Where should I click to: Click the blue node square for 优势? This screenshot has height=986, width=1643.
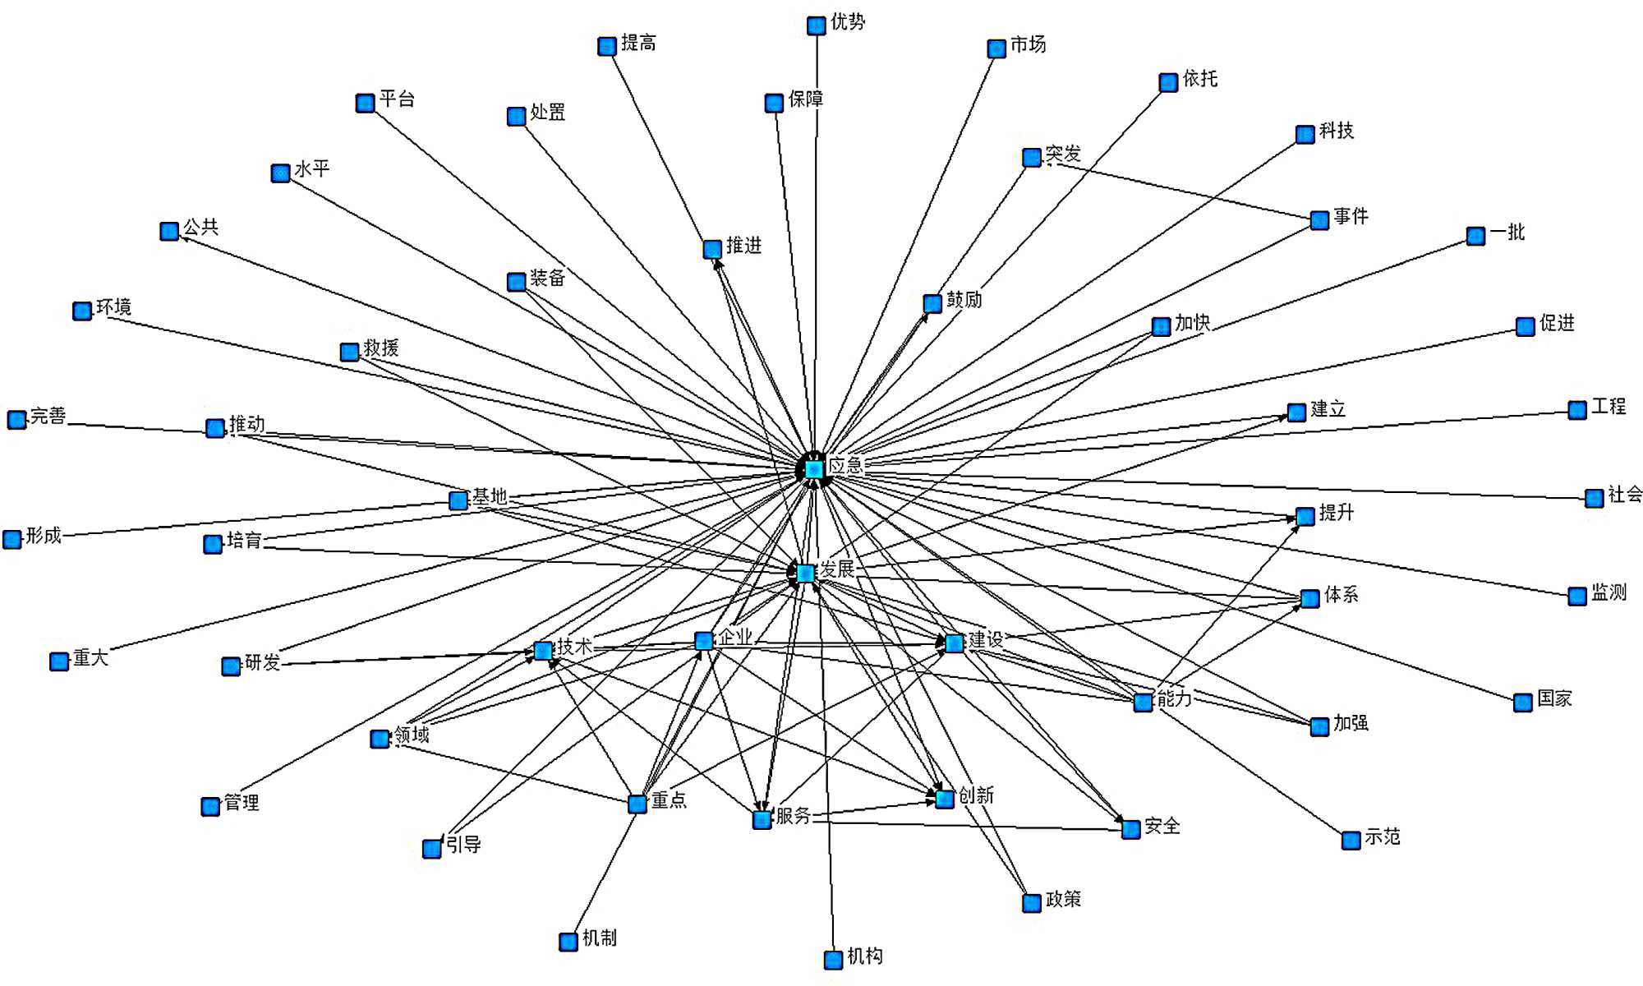pyautogui.click(x=816, y=25)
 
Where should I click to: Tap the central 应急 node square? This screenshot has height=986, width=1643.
pyautogui.click(x=813, y=469)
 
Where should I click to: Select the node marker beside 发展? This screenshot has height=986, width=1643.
pyautogui.click(x=805, y=573)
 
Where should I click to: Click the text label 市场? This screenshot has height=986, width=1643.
pyautogui.click(x=1028, y=44)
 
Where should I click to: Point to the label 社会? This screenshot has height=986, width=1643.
pyautogui.click(x=1624, y=494)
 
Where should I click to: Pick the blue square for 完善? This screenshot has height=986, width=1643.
pyautogui.click(x=16, y=420)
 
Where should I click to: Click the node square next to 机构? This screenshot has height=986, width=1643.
pyautogui.click(x=833, y=959)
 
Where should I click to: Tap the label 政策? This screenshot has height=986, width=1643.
pyautogui.click(x=1063, y=899)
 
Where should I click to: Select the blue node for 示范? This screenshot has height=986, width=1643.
pyautogui.click(x=1351, y=841)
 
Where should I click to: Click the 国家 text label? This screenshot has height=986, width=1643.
pyautogui.click(x=1554, y=698)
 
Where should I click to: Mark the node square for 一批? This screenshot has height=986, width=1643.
pyautogui.click(x=1475, y=237)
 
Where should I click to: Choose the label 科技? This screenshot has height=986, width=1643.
pyautogui.click(x=1337, y=131)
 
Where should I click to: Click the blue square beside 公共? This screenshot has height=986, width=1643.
pyautogui.click(x=169, y=231)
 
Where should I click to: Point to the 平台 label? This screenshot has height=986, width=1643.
pyautogui.click(x=398, y=99)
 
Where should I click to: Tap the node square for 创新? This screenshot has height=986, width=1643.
pyautogui.click(x=945, y=798)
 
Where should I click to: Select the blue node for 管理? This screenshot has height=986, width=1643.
pyautogui.click(x=210, y=806)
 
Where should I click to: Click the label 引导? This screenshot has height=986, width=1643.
pyautogui.click(x=463, y=844)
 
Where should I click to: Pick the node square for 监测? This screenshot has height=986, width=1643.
pyautogui.click(x=1576, y=597)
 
